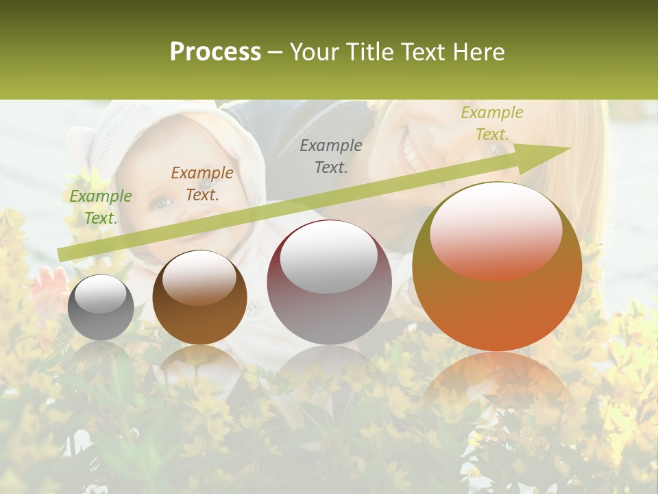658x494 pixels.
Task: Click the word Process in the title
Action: pos(215,52)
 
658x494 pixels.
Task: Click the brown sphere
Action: pos(199,298)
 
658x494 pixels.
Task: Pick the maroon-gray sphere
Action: pos(329,282)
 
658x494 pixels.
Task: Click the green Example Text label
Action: pos(100,207)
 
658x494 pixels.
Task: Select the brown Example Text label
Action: pos(202,183)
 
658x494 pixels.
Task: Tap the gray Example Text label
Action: pos(331,156)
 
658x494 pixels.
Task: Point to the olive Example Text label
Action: pos(491,123)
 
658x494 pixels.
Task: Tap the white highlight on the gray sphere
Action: pos(100,294)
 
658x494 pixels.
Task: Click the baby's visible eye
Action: pos(160,202)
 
